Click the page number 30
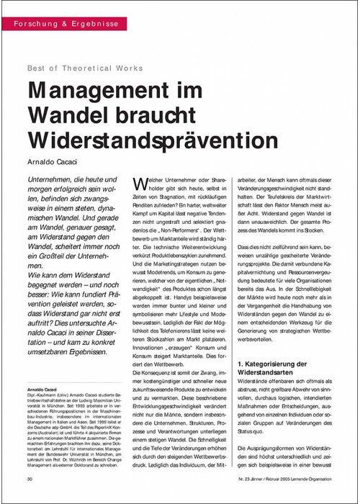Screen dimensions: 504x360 coord(30,478)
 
